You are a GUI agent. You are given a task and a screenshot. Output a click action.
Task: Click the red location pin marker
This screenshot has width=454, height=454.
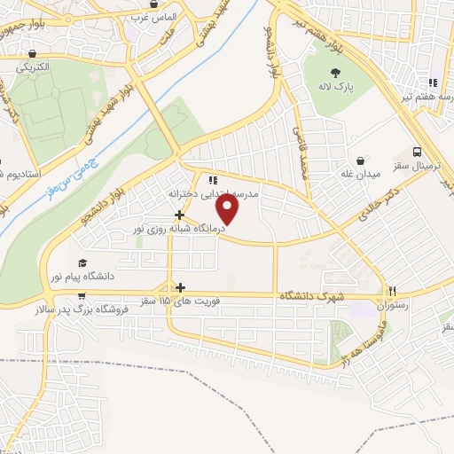tap(229, 209)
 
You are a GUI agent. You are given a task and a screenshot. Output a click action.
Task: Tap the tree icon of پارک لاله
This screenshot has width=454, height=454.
tap(335, 74)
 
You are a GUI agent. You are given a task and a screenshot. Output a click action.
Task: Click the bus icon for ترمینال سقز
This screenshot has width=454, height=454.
tap(418, 152)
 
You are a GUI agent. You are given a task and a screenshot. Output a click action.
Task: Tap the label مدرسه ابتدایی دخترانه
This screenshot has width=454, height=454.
tap(213, 192)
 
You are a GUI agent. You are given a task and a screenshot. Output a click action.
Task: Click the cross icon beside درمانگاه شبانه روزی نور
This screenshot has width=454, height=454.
tap(180, 215)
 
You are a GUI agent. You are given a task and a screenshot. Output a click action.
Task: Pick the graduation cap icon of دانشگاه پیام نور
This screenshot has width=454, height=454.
tap(82, 263)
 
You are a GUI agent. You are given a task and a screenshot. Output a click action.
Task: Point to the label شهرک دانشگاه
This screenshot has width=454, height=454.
tap(311, 295)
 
